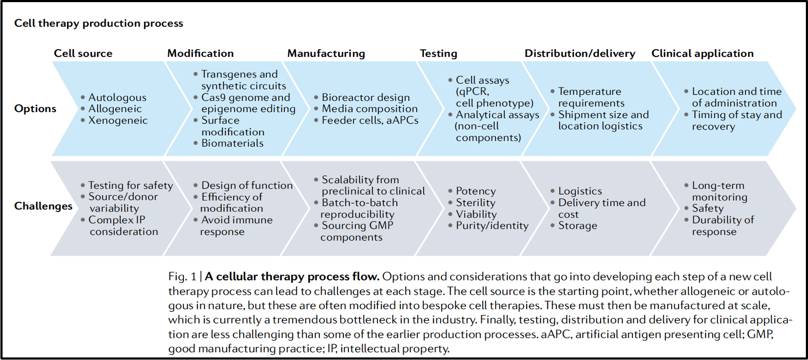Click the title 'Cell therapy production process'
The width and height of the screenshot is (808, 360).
click(98, 23)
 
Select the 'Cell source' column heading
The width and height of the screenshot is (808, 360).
click(83, 53)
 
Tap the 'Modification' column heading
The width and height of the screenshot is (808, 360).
click(201, 53)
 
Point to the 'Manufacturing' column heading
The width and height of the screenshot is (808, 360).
click(326, 53)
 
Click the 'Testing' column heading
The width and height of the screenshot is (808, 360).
click(438, 53)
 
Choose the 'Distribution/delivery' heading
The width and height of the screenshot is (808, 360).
click(580, 53)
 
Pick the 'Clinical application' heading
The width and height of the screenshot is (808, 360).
click(702, 53)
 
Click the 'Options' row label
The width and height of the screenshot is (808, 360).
click(35, 109)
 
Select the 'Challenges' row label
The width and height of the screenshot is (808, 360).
click(43, 206)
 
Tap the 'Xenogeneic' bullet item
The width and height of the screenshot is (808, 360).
click(118, 121)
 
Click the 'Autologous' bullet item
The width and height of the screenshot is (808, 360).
click(117, 97)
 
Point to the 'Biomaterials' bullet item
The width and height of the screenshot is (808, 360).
click(232, 143)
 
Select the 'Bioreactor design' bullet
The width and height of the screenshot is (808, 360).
click(366, 97)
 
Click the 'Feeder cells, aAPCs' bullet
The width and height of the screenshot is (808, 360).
click(370, 121)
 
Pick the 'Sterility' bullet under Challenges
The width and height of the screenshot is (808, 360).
click(475, 203)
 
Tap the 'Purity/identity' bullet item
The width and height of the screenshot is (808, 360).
click(492, 226)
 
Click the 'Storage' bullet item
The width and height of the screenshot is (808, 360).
click(578, 226)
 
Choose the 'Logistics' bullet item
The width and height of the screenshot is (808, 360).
click(580, 191)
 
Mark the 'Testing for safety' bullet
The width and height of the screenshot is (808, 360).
click(130, 185)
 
